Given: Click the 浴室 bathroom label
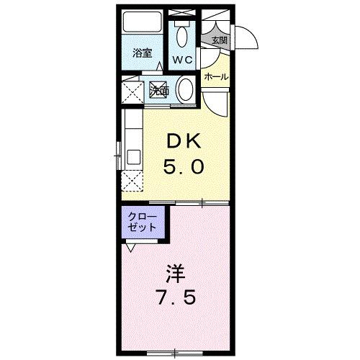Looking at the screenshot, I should click(x=143, y=53).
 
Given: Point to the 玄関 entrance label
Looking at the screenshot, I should click(x=219, y=40).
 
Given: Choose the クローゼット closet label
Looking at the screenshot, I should click(x=142, y=221).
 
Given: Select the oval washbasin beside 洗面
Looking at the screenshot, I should click(x=185, y=91).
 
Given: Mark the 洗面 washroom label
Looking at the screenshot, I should click(x=160, y=91).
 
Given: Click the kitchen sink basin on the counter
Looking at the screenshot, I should click(x=133, y=156).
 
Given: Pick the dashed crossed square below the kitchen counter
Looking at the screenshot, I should click(x=132, y=181).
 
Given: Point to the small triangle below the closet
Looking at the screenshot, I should click(x=130, y=247).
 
